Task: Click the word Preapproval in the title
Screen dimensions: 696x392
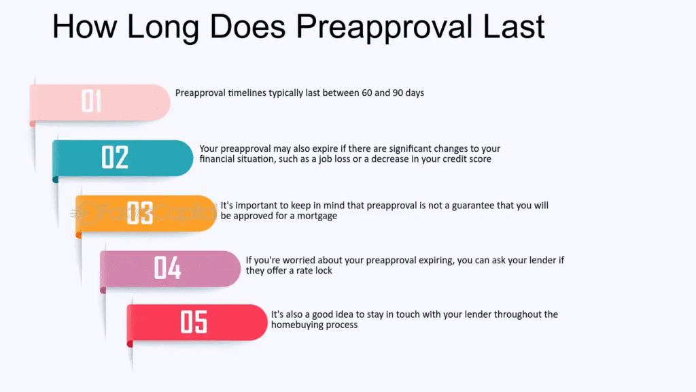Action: pyautogui.click(x=384, y=27)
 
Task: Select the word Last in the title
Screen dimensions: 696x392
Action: pyautogui.click(x=514, y=27)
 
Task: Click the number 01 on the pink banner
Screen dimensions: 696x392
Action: pyautogui.click(x=92, y=101)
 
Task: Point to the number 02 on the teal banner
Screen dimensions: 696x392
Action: pyautogui.click(x=115, y=157)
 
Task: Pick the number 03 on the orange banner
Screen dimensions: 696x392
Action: pyautogui.click(x=140, y=212)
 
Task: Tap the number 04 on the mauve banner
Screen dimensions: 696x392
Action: pyautogui.click(x=167, y=267)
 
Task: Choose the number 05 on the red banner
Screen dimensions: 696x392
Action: pyautogui.click(x=194, y=322)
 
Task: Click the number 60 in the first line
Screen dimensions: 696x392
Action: pyautogui.click(x=367, y=93)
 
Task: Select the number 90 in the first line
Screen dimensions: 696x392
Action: pyautogui.click(x=398, y=93)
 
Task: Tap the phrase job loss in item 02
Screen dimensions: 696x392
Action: pyautogui.click(x=334, y=159)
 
